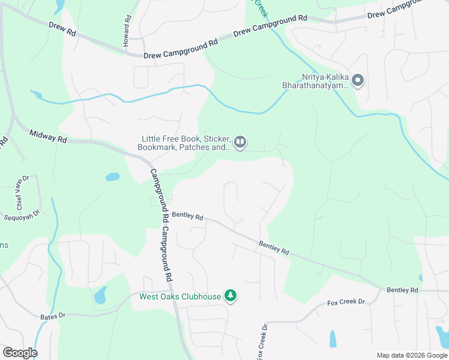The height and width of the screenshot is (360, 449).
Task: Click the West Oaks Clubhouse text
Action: [x=180, y=296]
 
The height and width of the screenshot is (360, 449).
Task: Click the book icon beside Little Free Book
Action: [x=240, y=142]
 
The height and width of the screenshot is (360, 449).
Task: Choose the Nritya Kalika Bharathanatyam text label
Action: [x=316, y=82]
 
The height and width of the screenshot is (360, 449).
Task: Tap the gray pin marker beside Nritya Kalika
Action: [x=358, y=80]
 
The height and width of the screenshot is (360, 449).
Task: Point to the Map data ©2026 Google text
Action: [x=412, y=355]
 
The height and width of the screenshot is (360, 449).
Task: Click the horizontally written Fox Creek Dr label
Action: [x=346, y=302]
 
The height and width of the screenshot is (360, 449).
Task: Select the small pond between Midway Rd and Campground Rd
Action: [x=112, y=177]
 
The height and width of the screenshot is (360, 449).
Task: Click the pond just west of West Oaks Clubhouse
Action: [x=100, y=295]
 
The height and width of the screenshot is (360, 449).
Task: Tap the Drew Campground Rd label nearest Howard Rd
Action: [x=181, y=50]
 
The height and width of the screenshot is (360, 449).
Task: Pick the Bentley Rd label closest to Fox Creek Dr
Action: [x=402, y=290]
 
